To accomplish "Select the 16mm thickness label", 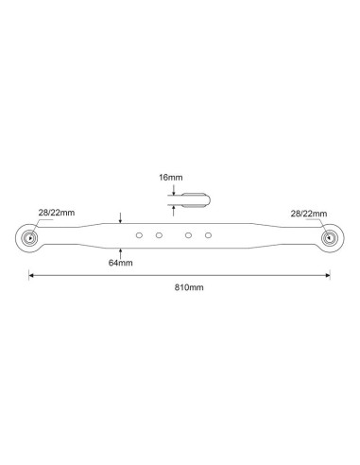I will coord(171,177).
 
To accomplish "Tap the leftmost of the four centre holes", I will coord(139,233).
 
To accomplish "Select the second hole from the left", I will coord(159,233).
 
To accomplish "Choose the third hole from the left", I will coord(189,233).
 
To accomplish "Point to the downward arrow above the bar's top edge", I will coord(120,219).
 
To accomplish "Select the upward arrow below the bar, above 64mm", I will coord(120,250).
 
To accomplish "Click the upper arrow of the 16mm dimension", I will coord(171,191).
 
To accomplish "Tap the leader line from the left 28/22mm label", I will coord(39,225).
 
